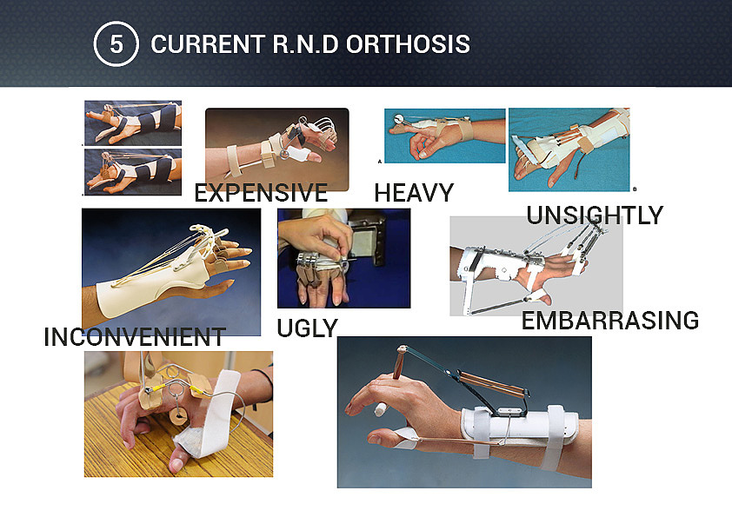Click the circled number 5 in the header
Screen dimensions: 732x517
tap(116, 43)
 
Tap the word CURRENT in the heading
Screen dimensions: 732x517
tap(208, 44)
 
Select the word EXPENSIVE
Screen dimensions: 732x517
tap(261, 193)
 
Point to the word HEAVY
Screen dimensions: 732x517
tap(414, 193)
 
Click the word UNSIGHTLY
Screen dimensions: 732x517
tap(595, 215)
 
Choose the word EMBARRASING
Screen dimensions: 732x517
tap(610, 321)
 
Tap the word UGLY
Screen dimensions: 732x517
tap(307, 328)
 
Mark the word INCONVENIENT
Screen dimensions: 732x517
tap(135, 337)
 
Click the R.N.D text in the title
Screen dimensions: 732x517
tap(305, 44)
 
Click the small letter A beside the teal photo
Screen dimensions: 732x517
tap(380, 162)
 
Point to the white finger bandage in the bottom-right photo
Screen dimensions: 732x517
tap(382, 409)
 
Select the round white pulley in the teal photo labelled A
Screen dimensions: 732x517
tap(400, 119)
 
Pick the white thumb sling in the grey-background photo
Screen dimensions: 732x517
tap(538, 295)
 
